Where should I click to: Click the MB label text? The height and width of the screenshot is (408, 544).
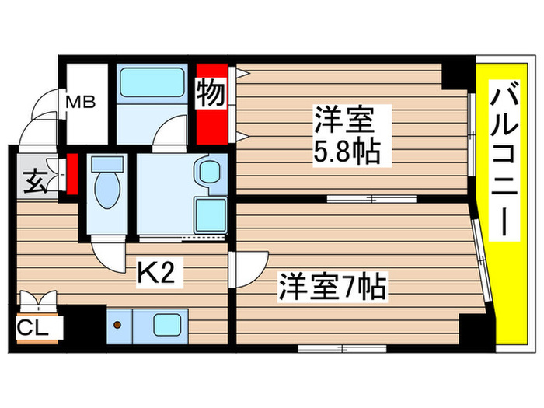tap(80, 102)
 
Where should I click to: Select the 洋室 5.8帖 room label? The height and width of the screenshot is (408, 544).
tap(347, 135)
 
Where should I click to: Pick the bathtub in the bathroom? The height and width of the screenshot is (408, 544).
tap(151, 81)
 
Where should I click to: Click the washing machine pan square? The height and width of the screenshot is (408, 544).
tap(208, 211)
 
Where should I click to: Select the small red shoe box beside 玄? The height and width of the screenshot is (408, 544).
tap(71, 174)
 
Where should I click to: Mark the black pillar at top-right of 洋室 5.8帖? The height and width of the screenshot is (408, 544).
tap(456, 73)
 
